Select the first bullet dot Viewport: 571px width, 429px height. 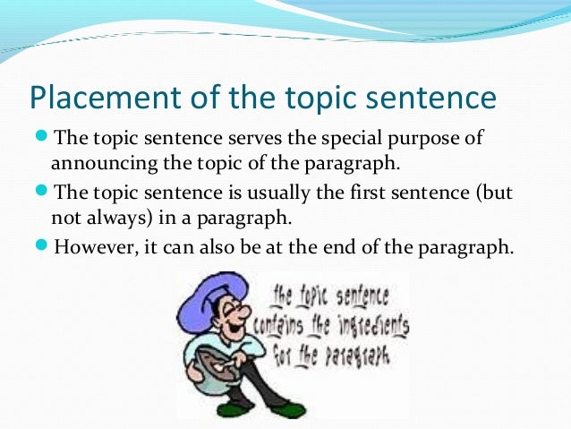(x=42, y=138)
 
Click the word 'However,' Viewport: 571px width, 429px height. (x=96, y=246)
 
